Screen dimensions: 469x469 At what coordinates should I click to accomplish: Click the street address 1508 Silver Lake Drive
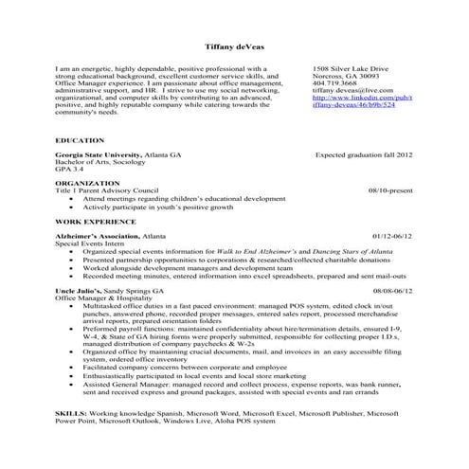(x=351, y=69)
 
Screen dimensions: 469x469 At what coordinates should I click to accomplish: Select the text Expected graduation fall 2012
(x=364, y=153)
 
